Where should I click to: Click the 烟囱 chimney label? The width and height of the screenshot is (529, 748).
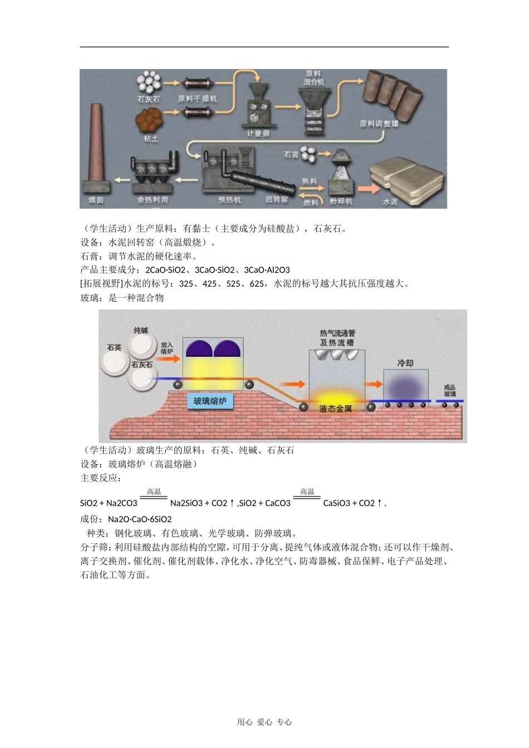96,200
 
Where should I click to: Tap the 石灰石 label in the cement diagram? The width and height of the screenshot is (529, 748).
148,99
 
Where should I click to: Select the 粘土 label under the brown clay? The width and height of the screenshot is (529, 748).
151,139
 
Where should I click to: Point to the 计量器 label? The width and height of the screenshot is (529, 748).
258,134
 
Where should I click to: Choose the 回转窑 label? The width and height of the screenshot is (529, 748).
277,199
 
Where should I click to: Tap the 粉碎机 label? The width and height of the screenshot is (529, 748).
341,201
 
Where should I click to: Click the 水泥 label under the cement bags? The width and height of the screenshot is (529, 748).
390,201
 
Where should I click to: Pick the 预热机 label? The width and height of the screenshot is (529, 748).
229,200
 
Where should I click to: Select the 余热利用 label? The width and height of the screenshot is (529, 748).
153,200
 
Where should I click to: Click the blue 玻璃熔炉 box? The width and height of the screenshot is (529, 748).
210,401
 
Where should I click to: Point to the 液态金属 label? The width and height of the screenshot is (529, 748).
336,409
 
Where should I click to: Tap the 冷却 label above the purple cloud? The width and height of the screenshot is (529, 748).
405,363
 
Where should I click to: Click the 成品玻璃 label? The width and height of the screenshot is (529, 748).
449,391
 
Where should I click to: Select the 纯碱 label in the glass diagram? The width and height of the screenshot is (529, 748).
141,330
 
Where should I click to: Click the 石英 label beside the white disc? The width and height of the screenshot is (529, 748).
114,347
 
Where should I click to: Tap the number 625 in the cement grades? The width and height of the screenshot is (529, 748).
257,284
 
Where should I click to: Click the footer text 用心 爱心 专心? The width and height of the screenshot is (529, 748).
264,722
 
